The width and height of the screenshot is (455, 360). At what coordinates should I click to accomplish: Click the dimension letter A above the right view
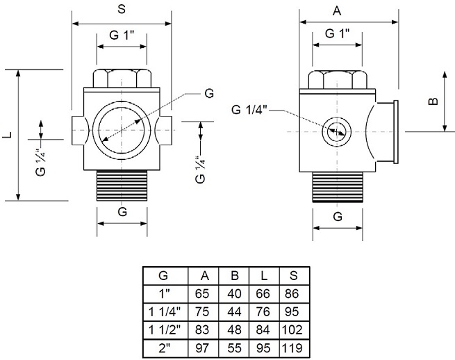tap(338, 10)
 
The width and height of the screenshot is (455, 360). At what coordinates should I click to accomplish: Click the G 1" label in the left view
tap(122, 36)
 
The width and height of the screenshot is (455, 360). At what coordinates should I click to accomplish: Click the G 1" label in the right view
tap(338, 33)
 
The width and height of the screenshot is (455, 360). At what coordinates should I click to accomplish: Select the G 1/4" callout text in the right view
tap(249, 110)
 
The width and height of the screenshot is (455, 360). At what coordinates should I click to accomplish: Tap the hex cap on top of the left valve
tap(122, 79)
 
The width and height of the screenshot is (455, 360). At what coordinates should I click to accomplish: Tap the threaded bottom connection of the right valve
tap(338, 186)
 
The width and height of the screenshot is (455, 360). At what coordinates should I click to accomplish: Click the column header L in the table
tap(263, 275)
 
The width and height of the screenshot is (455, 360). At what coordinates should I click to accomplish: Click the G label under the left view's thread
tap(122, 212)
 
